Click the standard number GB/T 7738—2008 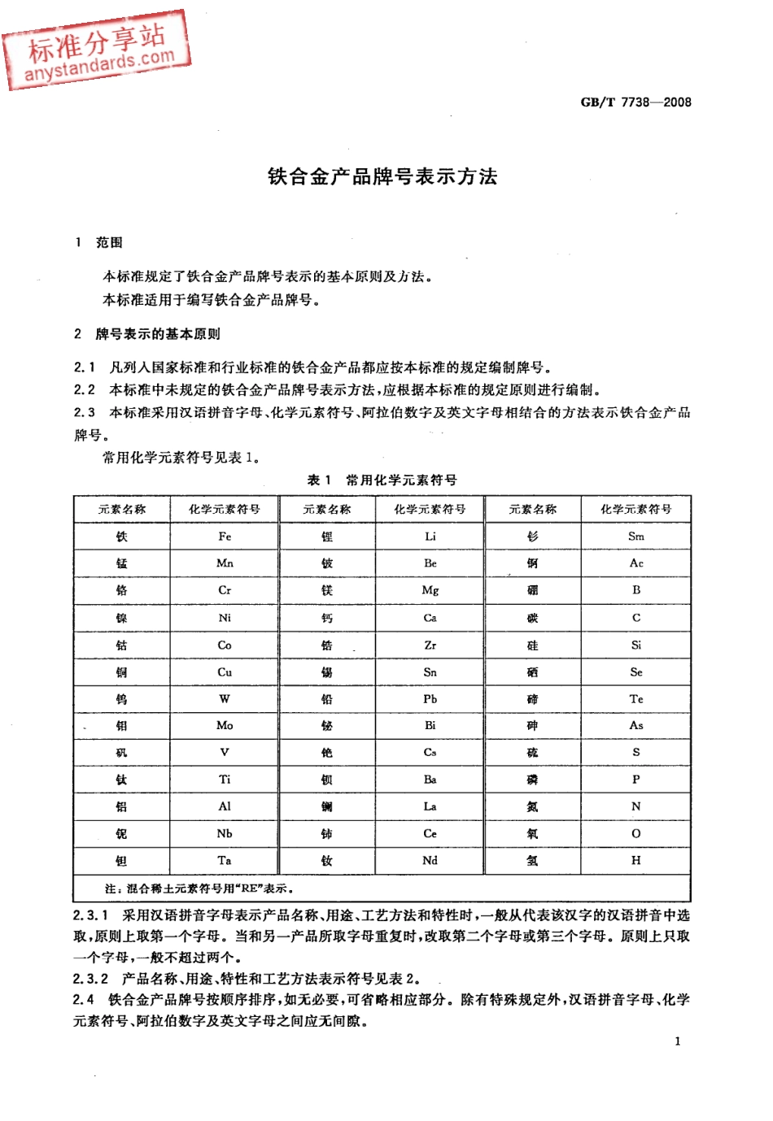point(635,102)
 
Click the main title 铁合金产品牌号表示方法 point(382,176)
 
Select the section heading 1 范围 point(99,242)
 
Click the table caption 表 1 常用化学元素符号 point(382,480)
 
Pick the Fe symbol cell point(225,537)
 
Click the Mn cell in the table point(225,563)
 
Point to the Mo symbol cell point(225,725)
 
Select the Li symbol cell point(430,537)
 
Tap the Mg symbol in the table point(430,590)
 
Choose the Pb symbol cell point(430,698)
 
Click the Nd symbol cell point(430,860)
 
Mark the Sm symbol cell point(635,537)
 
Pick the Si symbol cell point(635,645)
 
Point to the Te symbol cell point(635,698)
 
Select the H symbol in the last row point(635,860)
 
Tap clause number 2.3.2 point(90,979)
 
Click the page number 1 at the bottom point(678,1041)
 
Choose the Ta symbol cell point(225,860)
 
